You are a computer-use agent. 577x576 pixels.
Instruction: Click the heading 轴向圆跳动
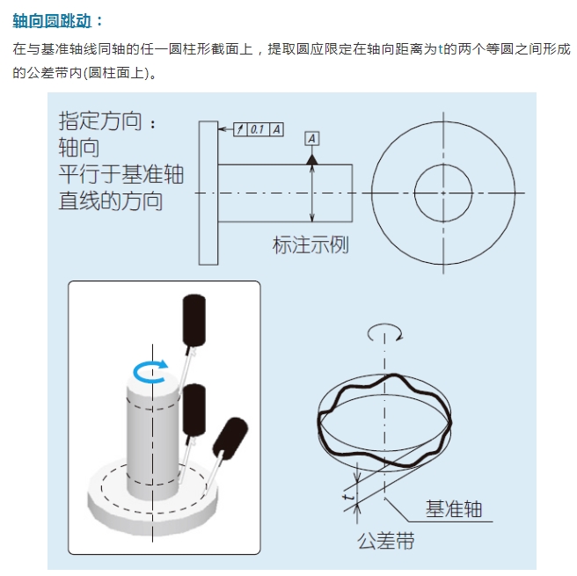[x=52, y=18]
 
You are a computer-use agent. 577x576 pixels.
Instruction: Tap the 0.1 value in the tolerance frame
[x=258, y=129]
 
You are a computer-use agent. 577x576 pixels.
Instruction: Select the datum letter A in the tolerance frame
[x=276, y=129]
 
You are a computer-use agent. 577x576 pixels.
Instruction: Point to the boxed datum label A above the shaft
[x=312, y=139]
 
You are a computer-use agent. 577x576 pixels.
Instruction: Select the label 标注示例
[x=310, y=244]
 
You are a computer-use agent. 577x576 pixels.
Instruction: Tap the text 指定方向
[x=100, y=121]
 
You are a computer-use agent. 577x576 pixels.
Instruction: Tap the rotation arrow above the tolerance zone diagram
[x=385, y=330]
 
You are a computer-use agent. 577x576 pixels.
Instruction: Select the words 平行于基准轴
[x=121, y=174]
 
